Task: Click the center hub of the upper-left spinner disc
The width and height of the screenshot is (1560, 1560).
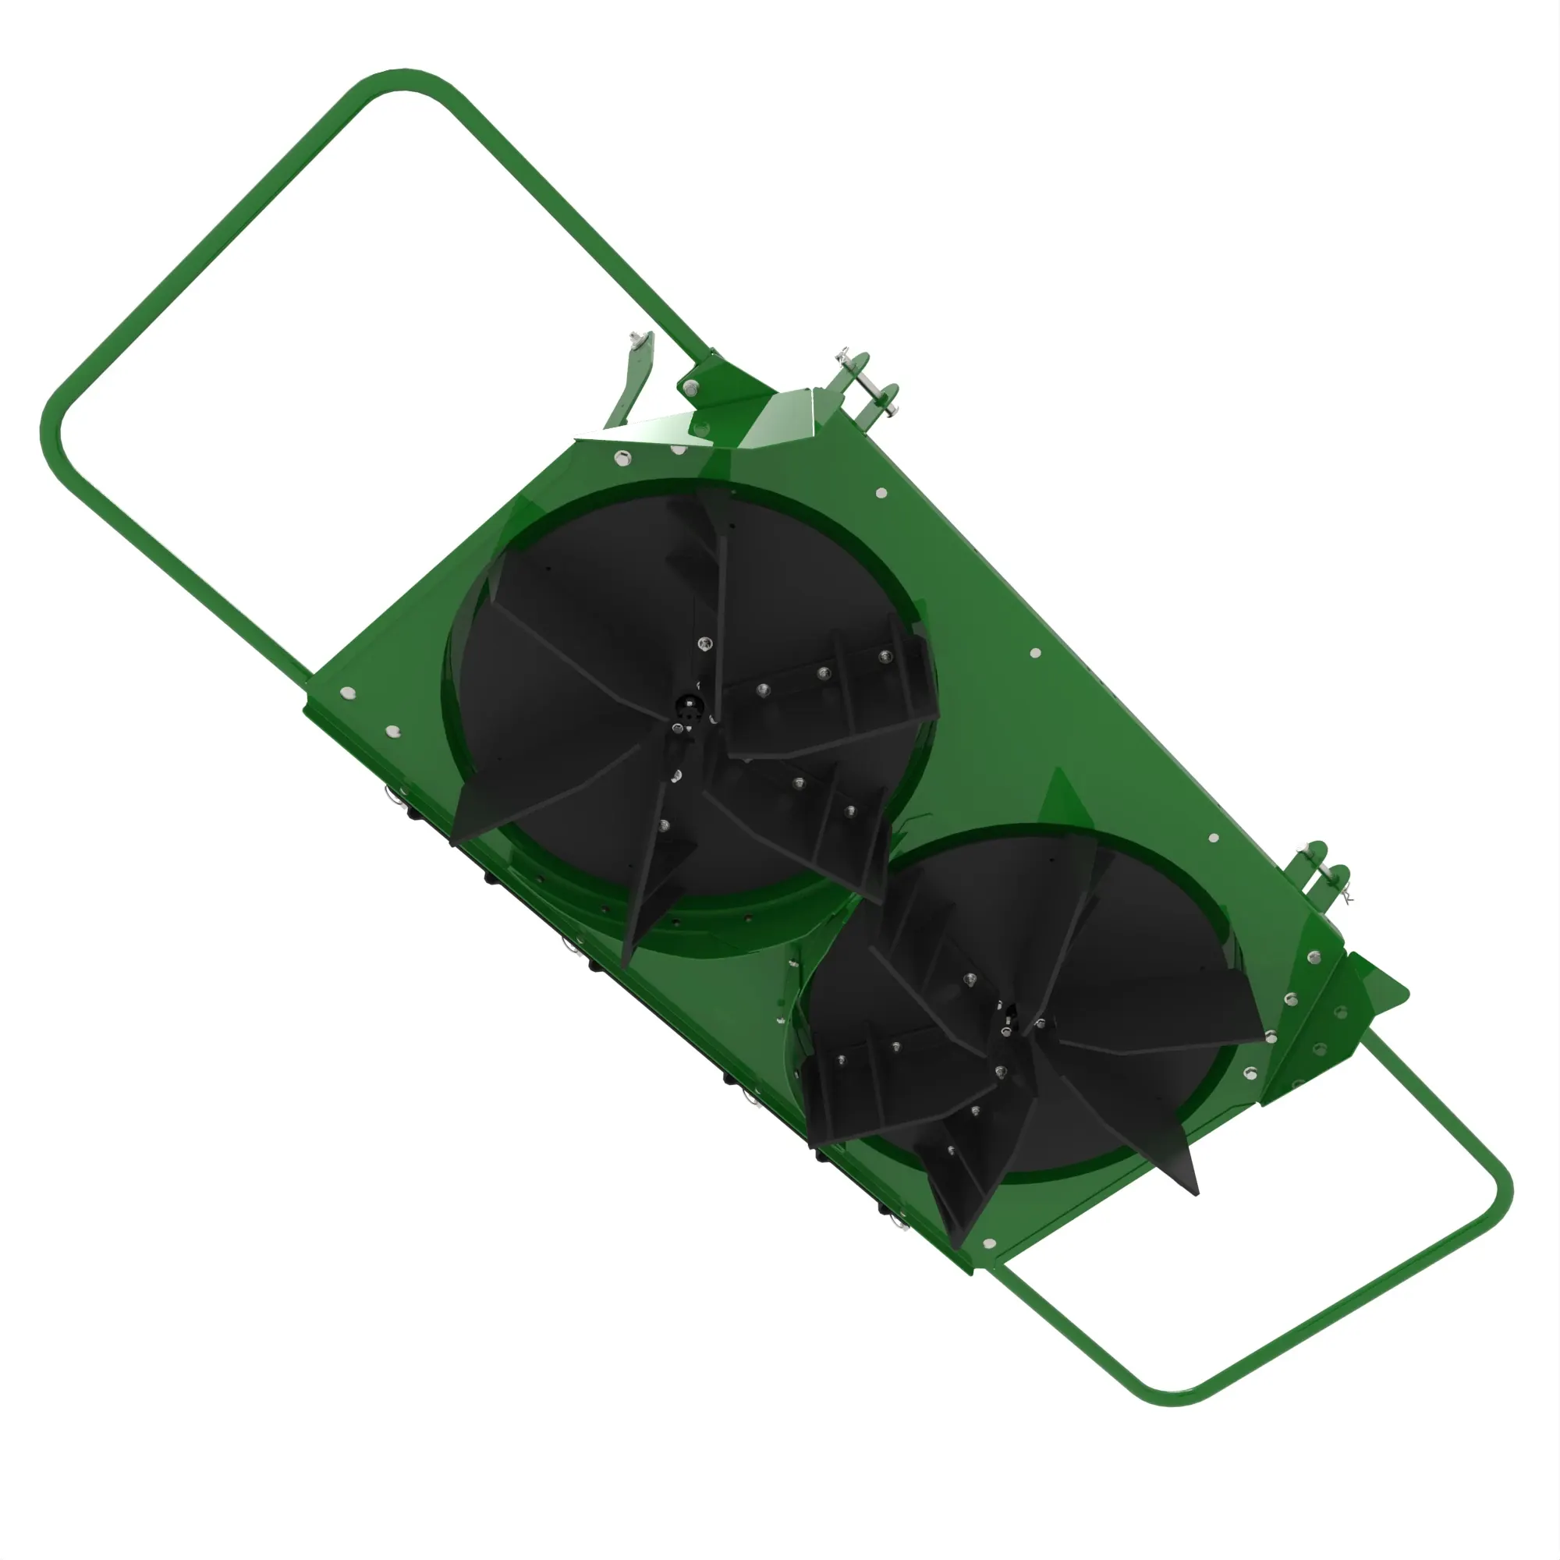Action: click(x=687, y=711)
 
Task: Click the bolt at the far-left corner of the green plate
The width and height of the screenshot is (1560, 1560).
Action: click(x=347, y=692)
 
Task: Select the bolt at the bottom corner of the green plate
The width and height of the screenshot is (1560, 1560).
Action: click(x=989, y=1243)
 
